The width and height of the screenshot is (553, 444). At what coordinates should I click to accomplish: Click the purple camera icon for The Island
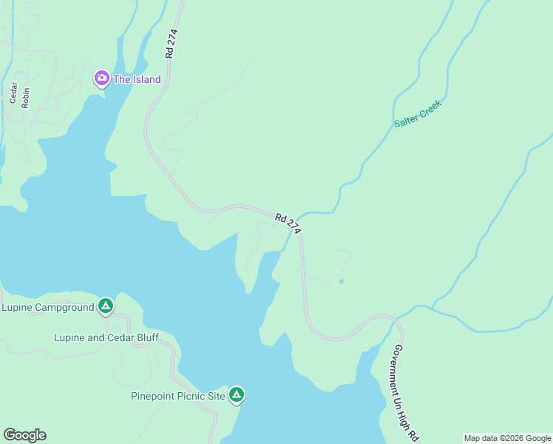pos(101,78)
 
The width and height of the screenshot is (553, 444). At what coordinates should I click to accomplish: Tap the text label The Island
pos(137,79)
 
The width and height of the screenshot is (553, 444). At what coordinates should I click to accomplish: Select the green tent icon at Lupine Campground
pos(106,306)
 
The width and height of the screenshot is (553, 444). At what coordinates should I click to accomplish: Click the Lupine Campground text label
pos(48,307)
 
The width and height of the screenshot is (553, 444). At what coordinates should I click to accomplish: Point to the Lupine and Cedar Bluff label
pos(106,337)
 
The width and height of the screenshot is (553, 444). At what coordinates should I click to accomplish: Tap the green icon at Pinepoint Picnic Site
pos(237,395)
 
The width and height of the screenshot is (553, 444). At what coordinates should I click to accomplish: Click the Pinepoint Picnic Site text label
pos(178,396)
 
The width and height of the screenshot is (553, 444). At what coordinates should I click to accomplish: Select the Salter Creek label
pos(418,115)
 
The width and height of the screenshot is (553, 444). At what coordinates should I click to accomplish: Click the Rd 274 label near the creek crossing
pos(288,224)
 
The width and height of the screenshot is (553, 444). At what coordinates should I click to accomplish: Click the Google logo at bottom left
pos(24,435)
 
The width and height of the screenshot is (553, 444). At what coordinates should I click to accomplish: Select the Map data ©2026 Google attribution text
pos(507,438)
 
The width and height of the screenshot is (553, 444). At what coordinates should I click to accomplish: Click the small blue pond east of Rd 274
pos(341,281)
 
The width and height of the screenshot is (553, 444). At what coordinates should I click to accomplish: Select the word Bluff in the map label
pos(145,337)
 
